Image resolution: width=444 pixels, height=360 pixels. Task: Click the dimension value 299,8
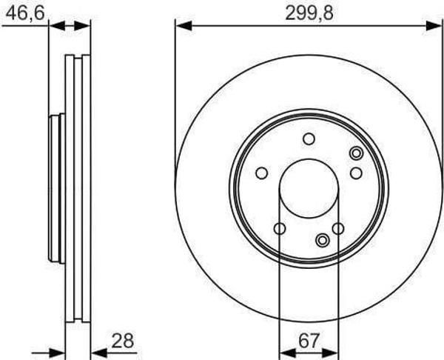[309, 13]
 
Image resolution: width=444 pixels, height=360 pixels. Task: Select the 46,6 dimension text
[25, 13]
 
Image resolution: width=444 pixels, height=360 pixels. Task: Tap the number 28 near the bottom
[122, 341]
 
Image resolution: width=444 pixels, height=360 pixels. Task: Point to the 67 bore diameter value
[309, 341]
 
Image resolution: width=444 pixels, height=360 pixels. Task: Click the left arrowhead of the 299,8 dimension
[184, 26]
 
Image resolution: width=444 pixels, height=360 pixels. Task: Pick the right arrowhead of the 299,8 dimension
[434, 26]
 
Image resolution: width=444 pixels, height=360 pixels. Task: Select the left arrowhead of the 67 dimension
[288, 353]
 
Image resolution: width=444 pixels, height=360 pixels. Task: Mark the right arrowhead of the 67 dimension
[330, 353]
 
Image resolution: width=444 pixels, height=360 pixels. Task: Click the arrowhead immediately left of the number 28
[99, 353]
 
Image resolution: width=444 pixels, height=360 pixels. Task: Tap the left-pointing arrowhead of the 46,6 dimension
[57, 26]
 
